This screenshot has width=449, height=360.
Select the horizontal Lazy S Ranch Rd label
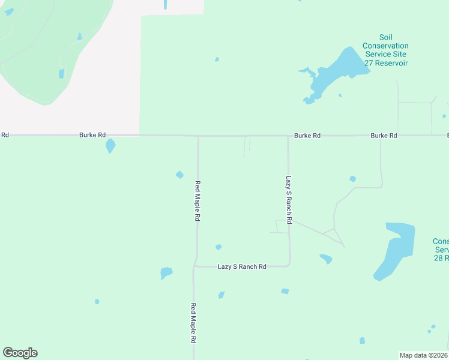(x=241, y=266)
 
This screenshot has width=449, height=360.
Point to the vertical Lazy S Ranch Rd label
(x=289, y=200)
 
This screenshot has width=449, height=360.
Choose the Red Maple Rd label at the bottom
(x=194, y=323)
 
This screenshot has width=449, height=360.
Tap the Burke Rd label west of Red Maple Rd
(x=92, y=136)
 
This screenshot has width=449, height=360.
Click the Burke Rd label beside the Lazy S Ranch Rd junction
(x=307, y=136)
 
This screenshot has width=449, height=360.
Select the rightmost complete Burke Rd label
(x=384, y=136)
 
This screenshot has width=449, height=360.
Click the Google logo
(x=20, y=353)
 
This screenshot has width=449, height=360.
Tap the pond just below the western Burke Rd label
(x=110, y=146)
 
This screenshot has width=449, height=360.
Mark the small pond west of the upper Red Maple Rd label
(x=179, y=175)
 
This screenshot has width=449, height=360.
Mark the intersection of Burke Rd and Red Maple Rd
(x=198, y=136)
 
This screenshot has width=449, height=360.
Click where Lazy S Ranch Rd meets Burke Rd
(x=288, y=136)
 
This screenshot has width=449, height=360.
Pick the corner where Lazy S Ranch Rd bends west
(x=289, y=265)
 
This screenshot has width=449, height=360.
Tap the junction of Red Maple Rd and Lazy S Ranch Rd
(x=194, y=266)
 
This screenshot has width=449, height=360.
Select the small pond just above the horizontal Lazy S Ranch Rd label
(x=218, y=247)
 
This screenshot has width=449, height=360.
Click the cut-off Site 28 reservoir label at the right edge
(x=441, y=250)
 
